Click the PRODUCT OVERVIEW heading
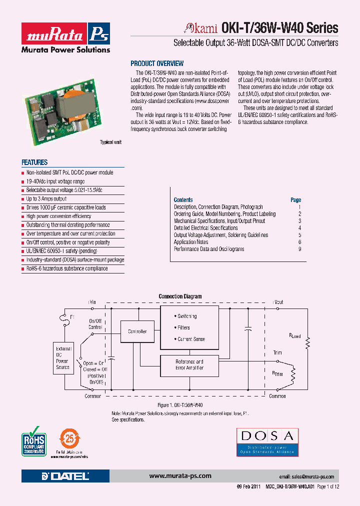[x=157, y=63]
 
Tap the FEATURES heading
[x=34, y=162]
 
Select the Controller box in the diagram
[x=137, y=331]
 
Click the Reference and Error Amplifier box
[x=189, y=364]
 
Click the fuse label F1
[x=72, y=317]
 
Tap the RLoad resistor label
[x=295, y=336]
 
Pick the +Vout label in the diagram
[x=277, y=302]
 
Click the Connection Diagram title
[x=180, y=296]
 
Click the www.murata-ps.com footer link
[x=180, y=476]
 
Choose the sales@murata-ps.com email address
[x=306, y=477]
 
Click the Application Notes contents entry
[x=191, y=242]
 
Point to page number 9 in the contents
[x=299, y=249]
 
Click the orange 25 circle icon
[x=70, y=438]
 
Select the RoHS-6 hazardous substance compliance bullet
[x=67, y=268]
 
